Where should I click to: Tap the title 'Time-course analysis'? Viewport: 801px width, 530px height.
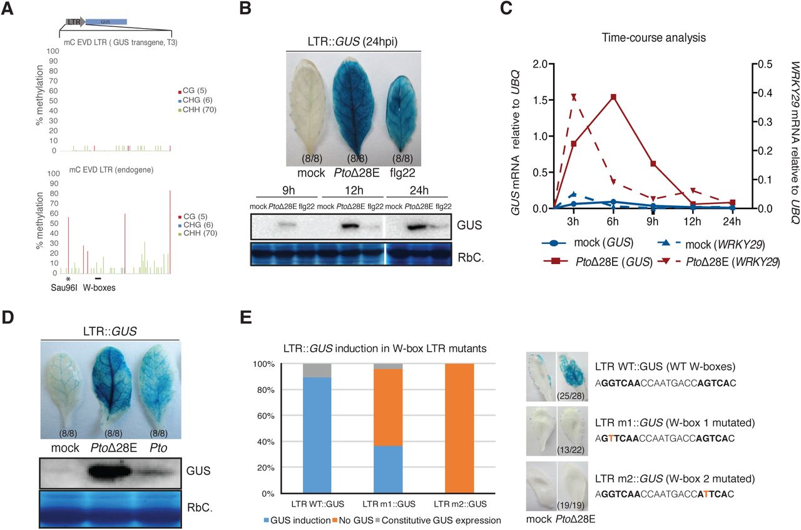coord(654,38)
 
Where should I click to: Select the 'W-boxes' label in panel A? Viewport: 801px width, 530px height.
coord(97,288)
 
